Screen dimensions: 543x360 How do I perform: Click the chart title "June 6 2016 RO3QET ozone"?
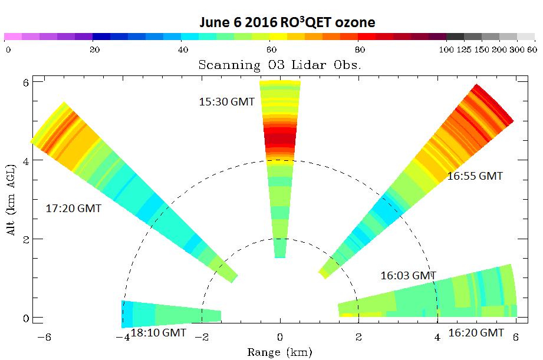[287, 22]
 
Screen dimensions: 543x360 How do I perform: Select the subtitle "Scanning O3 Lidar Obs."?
[280, 65]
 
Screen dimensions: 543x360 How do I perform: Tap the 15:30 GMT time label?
[227, 102]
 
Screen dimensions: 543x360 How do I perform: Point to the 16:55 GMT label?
[475, 176]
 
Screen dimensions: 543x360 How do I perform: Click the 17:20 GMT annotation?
[74, 209]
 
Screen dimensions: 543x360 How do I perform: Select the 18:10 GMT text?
[159, 333]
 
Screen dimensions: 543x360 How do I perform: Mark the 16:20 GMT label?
[476, 333]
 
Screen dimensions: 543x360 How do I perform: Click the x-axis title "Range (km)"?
[280, 352]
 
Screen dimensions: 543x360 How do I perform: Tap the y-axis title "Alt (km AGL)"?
[11, 200]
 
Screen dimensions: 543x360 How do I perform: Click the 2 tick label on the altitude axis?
[25, 239]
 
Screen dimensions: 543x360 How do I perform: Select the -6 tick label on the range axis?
[44, 337]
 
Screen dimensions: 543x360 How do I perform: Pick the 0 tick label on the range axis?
[280, 337]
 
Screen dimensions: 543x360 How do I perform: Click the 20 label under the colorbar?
[94, 50]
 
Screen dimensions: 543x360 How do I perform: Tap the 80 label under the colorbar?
[360, 50]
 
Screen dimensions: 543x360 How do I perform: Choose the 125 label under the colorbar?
[463, 50]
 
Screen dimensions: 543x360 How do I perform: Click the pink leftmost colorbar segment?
[13, 37]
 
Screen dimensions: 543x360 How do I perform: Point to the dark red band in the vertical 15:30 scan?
[280, 139]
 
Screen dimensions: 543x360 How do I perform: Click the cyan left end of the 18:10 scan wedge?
[127, 314]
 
